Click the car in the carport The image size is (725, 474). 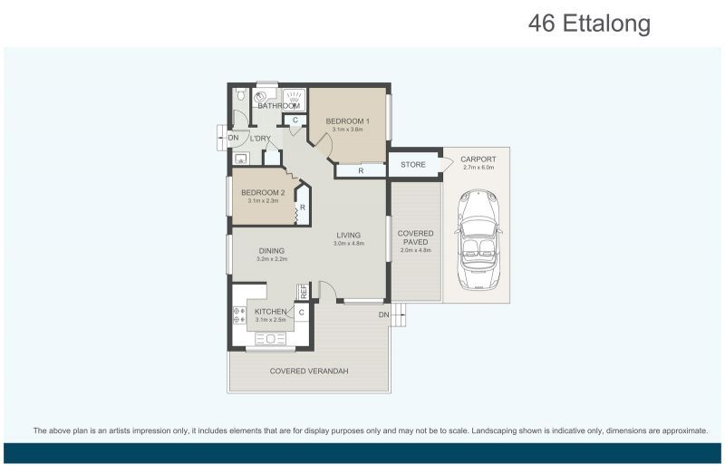(x=478, y=239)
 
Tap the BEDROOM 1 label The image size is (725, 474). (x=347, y=121)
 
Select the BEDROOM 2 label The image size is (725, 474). (x=263, y=192)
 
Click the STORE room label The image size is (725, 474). (x=413, y=165)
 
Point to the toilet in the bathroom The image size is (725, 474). (x=240, y=95)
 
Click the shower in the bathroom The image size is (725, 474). (x=293, y=98)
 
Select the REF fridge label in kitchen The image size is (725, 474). (x=304, y=291)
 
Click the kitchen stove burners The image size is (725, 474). (x=239, y=314)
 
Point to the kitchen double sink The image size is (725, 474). (x=270, y=339)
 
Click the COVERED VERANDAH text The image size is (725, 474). (x=309, y=371)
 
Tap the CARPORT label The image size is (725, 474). (x=478, y=160)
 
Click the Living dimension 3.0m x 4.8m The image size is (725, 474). (x=349, y=243)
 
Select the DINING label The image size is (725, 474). (x=271, y=251)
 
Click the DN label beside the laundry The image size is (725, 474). (x=234, y=138)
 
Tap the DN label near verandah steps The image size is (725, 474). (x=383, y=314)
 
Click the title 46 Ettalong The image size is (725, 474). (x=590, y=24)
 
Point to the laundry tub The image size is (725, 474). (x=241, y=159)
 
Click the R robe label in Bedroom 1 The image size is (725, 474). (x=361, y=171)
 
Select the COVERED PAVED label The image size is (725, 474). (x=416, y=237)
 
